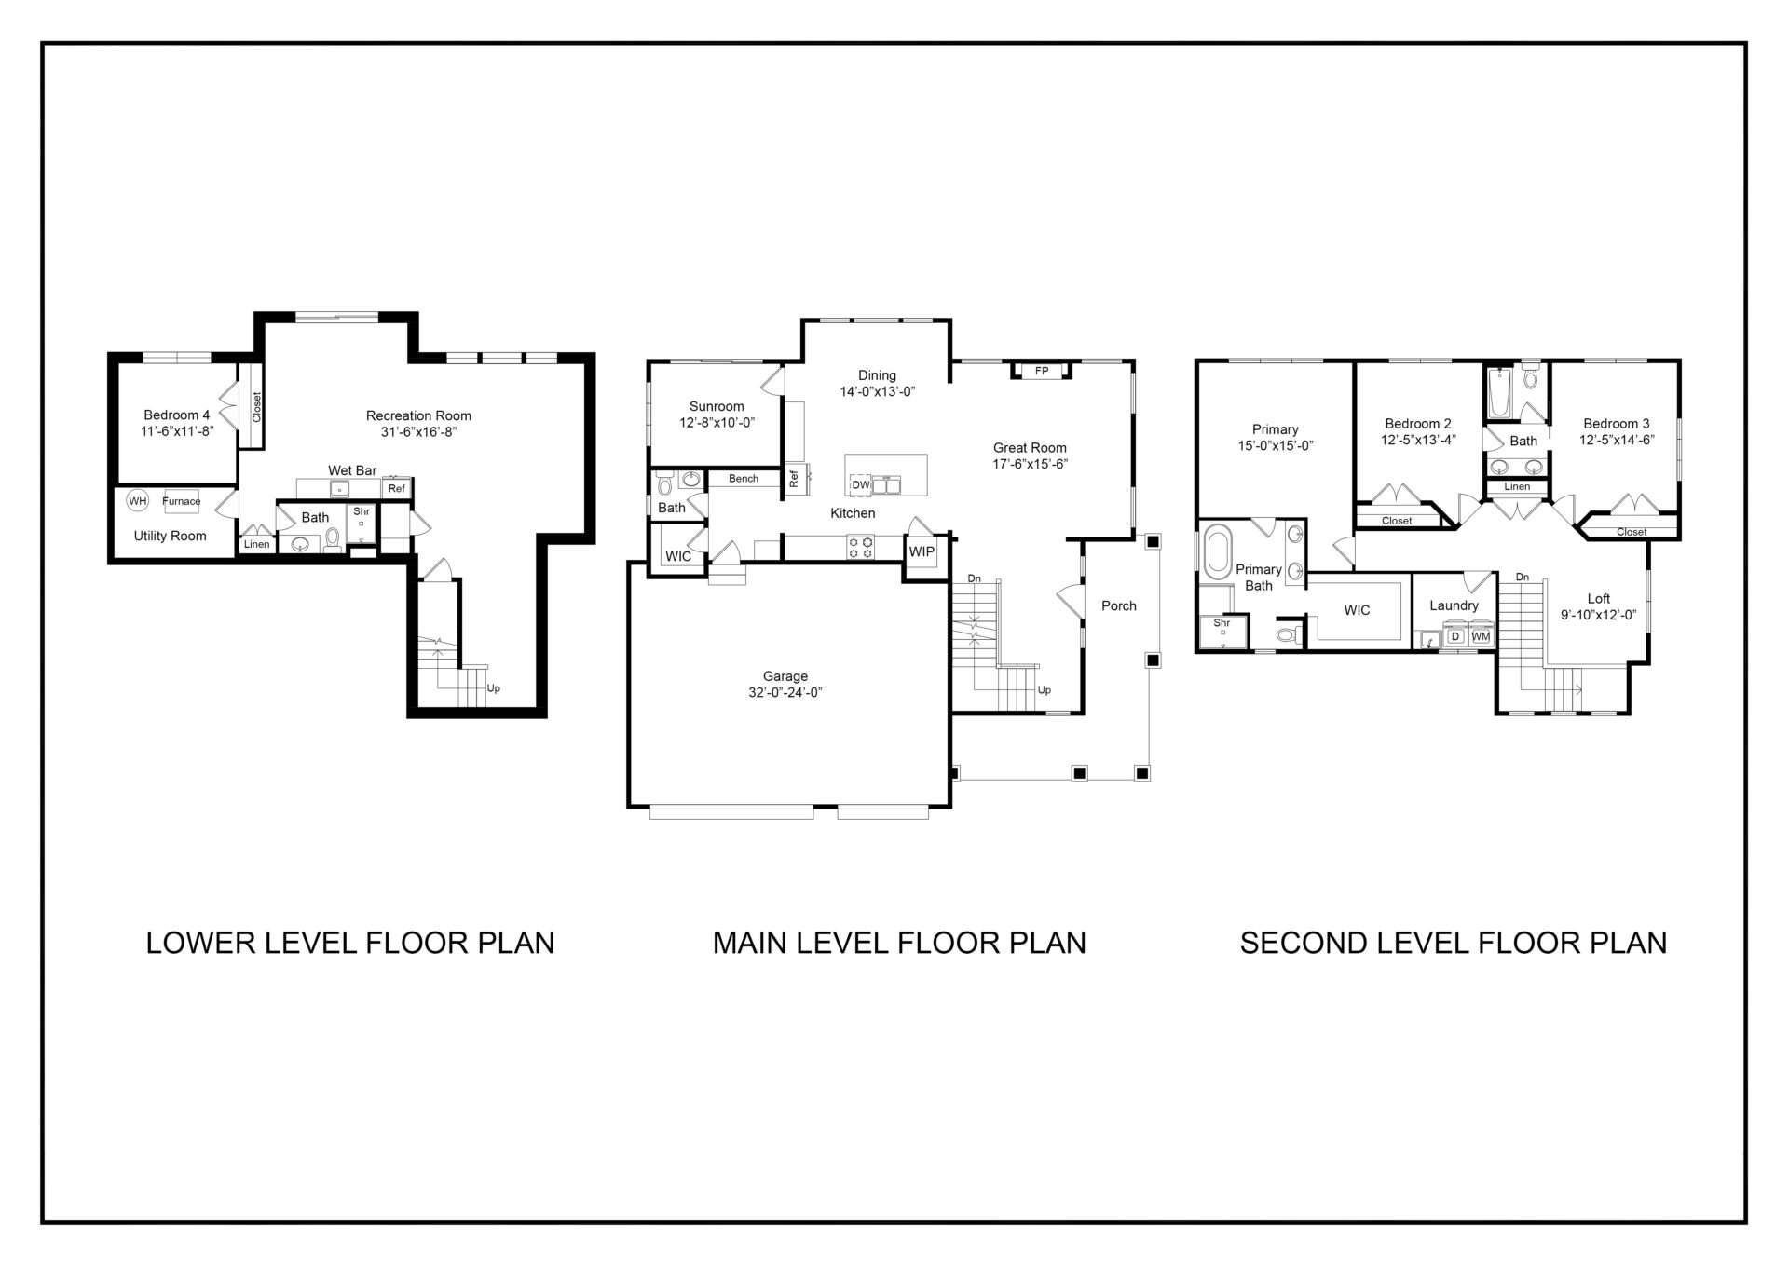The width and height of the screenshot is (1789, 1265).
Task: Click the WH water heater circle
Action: coord(138,501)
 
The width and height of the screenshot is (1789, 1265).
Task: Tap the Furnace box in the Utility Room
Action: coord(181,501)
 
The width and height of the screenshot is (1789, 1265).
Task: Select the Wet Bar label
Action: coord(352,470)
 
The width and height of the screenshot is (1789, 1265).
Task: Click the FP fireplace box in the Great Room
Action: coord(1042,371)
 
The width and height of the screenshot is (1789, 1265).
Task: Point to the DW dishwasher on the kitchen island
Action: coord(860,484)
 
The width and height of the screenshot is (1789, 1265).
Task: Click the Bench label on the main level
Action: coord(744,479)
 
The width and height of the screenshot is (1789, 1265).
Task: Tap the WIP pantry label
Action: coord(922,551)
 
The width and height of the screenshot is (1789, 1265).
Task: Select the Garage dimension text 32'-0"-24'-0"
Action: coord(785,692)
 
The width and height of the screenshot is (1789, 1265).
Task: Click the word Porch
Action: coord(1119,605)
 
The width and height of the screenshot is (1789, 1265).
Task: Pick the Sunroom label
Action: coord(717,406)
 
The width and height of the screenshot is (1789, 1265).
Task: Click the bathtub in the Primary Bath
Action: coord(1217,553)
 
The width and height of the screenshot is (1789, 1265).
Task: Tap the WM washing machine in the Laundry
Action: coord(1481,636)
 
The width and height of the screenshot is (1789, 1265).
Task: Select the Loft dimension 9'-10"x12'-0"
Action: coord(1598,615)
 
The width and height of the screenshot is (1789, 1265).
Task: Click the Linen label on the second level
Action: coord(1517,486)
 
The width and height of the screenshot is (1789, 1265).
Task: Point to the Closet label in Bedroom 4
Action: coord(257,407)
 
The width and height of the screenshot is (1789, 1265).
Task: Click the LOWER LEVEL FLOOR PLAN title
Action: coord(350,943)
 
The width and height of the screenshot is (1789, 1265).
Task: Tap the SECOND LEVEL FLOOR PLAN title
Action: coord(1453,943)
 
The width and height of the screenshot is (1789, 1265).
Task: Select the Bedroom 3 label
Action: coord(1616,424)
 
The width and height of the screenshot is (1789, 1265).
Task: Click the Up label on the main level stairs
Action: coord(1045,690)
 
